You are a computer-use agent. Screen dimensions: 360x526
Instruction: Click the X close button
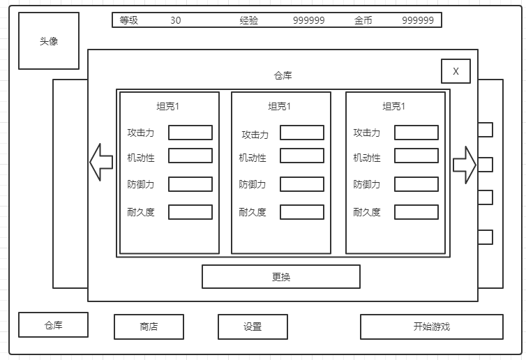(x=456, y=71)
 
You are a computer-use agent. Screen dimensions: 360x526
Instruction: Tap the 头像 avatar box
(x=49, y=41)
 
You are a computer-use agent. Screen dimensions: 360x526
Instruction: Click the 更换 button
(x=281, y=277)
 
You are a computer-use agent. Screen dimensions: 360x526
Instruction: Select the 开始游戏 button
(x=431, y=327)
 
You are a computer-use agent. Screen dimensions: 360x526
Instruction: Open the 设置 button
(x=253, y=327)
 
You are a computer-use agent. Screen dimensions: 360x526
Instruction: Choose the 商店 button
(x=149, y=327)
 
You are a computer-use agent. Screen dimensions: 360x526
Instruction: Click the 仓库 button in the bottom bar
(x=54, y=325)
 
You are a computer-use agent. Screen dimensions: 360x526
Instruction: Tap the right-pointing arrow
(x=465, y=165)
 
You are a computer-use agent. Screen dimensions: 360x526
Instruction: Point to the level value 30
(x=175, y=20)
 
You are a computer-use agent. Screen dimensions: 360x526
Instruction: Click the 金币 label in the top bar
(x=363, y=20)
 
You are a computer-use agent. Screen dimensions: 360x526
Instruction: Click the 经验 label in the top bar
(x=249, y=20)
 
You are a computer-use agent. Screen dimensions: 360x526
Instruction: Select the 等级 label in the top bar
(x=129, y=20)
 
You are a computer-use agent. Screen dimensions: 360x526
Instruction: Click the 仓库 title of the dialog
(x=283, y=75)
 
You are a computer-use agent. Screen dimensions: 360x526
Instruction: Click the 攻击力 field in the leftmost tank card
(x=190, y=133)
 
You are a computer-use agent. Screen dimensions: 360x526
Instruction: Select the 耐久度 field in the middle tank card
(x=302, y=212)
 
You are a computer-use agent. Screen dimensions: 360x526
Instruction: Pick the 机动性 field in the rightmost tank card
(x=416, y=156)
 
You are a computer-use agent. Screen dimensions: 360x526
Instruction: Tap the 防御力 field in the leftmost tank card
(x=190, y=184)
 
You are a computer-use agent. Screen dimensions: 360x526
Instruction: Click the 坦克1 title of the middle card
(x=280, y=107)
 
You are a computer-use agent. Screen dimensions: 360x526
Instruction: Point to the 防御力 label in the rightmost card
(x=367, y=185)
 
